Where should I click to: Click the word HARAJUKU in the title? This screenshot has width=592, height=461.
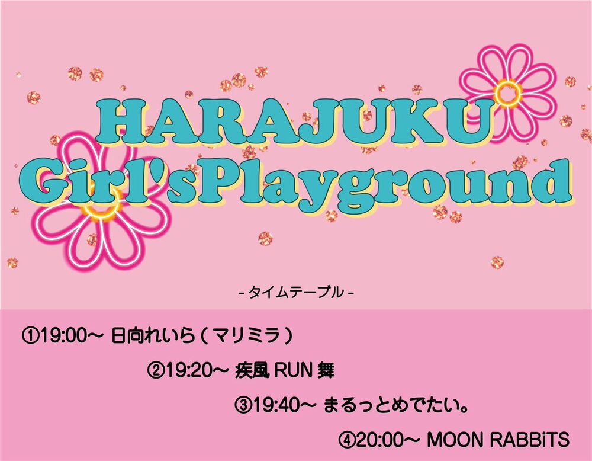click(x=294, y=121)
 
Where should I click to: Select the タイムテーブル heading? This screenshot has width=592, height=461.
click(x=297, y=293)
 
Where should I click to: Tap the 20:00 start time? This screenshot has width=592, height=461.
click(x=381, y=440)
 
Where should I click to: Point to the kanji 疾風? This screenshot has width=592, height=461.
click(x=252, y=371)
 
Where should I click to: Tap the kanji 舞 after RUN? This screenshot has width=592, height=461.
click(x=326, y=371)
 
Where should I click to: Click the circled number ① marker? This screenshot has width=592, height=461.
click(x=31, y=335)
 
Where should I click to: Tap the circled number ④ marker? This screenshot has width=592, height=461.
click(x=346, y=440)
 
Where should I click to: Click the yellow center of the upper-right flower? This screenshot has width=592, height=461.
click(x=508, y=92)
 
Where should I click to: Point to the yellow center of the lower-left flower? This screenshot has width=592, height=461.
click(x=101, y=206)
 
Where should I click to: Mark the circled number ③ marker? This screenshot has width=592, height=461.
click(x=243, y=405)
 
